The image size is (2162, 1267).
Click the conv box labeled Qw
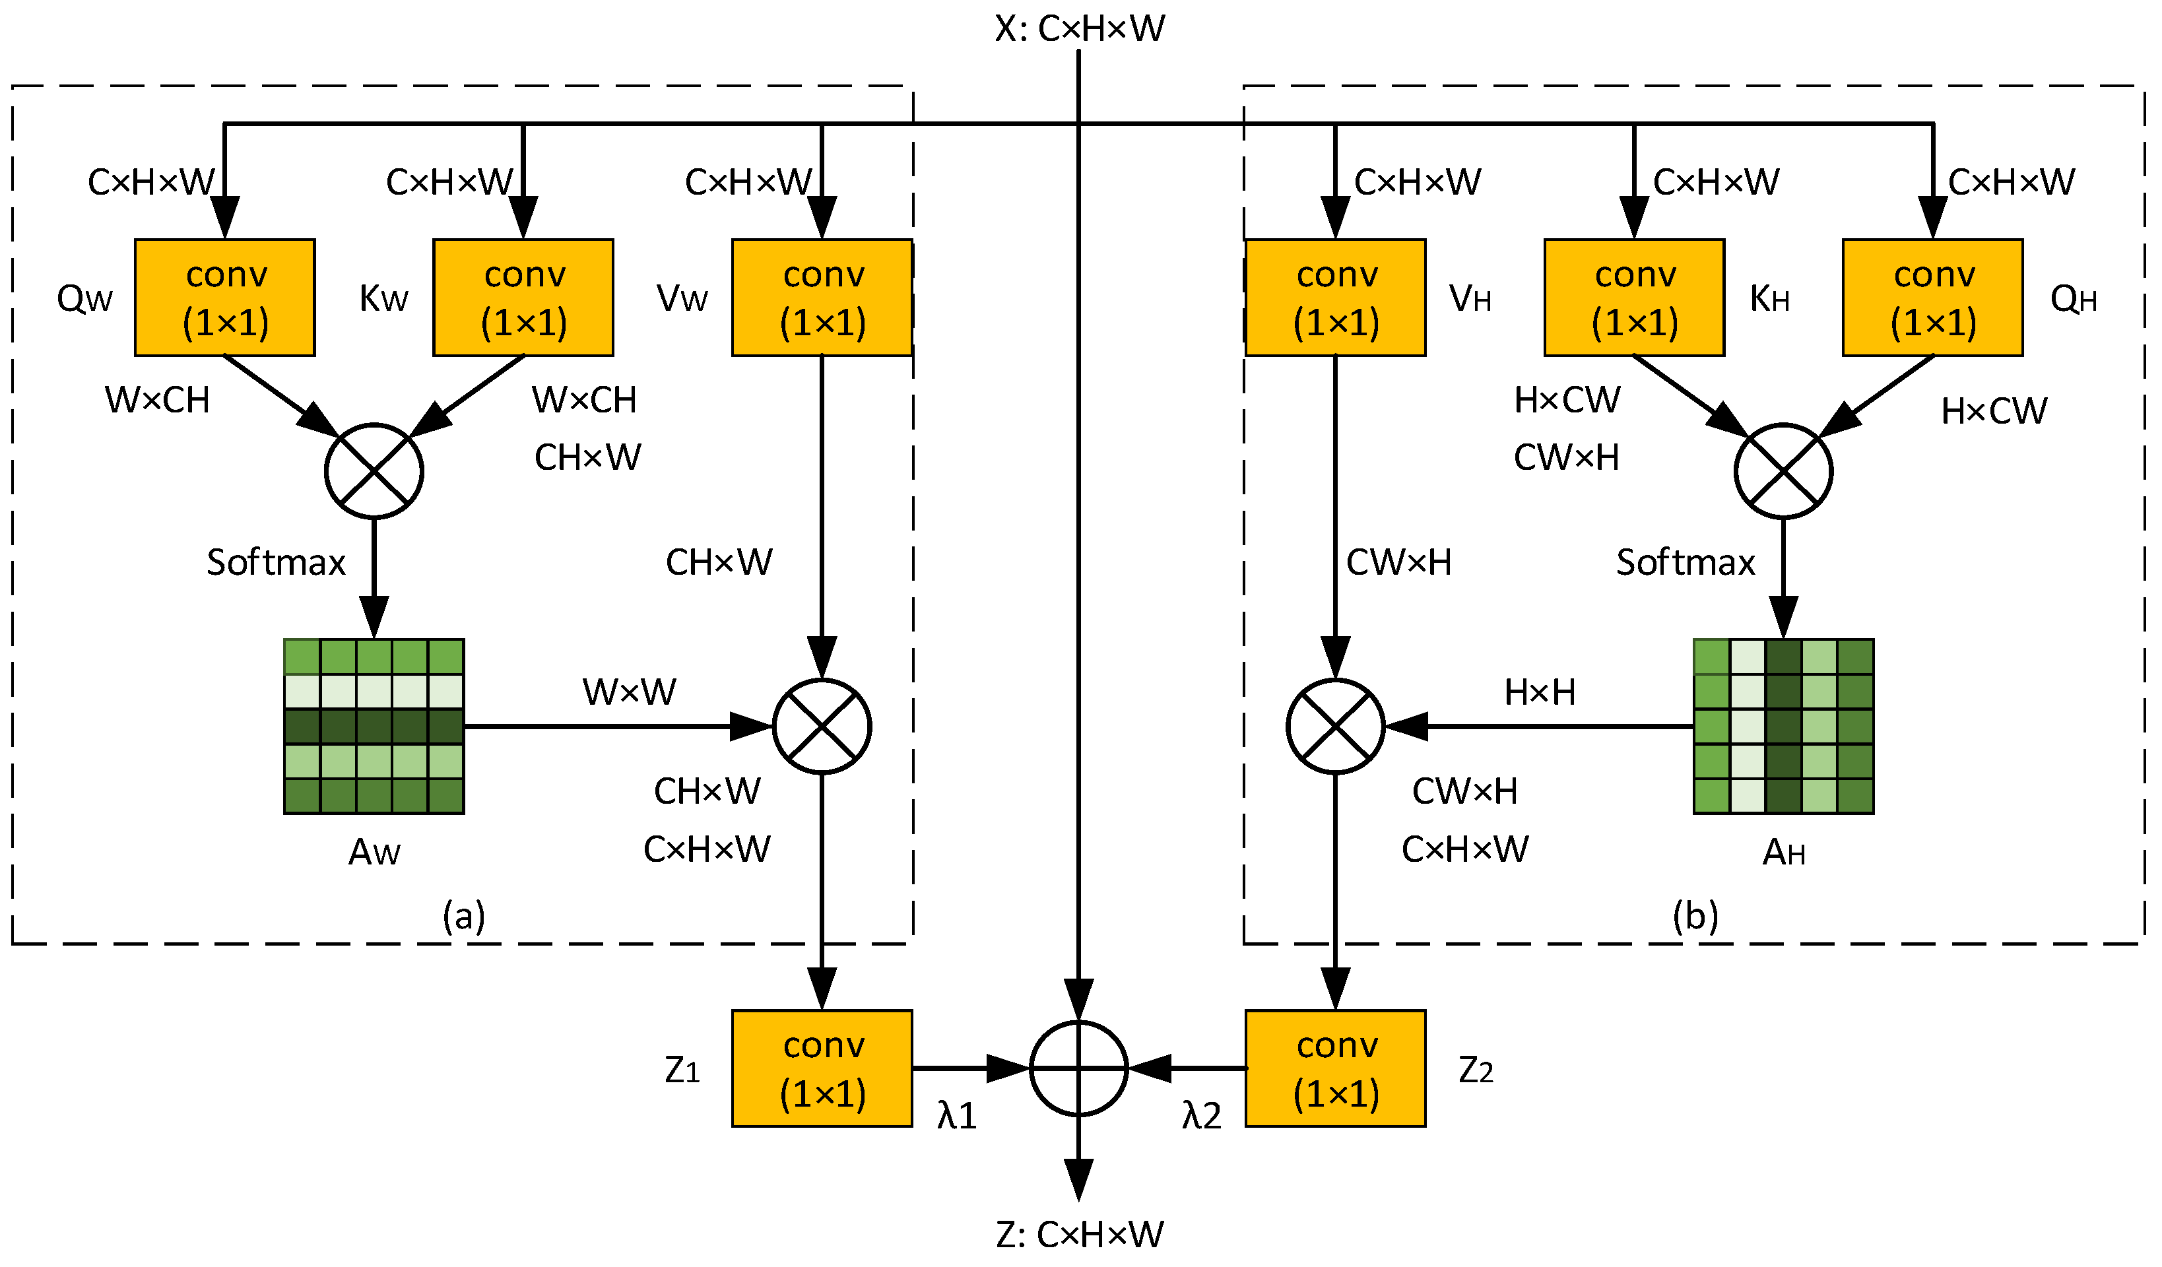[x=225, y=298]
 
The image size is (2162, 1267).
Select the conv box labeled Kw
[x=523, y=298]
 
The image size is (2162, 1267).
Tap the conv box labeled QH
[x=1933, y=298]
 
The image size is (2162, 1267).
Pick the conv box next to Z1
[x=822, y=1069]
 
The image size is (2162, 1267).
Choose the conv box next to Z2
[x=1336, y=1069]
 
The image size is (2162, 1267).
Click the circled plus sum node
[x=1078, y=1069]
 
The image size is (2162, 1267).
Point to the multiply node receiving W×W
[x=822, y=727]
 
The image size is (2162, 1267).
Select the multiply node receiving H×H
[x=1336, y=727]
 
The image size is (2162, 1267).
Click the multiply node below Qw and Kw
[x=374, y=471]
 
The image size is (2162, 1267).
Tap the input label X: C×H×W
[x=1079, y=28]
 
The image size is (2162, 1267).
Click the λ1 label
[x=958, y=1116]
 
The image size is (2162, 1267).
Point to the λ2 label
[x=1201, y=1116]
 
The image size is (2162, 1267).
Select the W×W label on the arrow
[x=629, y=692]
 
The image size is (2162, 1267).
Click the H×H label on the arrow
[x=1540, y=692]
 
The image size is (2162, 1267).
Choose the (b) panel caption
[x=1695, y=916]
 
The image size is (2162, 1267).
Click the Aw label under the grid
[x=374, y=853]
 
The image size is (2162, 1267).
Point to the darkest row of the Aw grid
[x=374, y=727]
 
